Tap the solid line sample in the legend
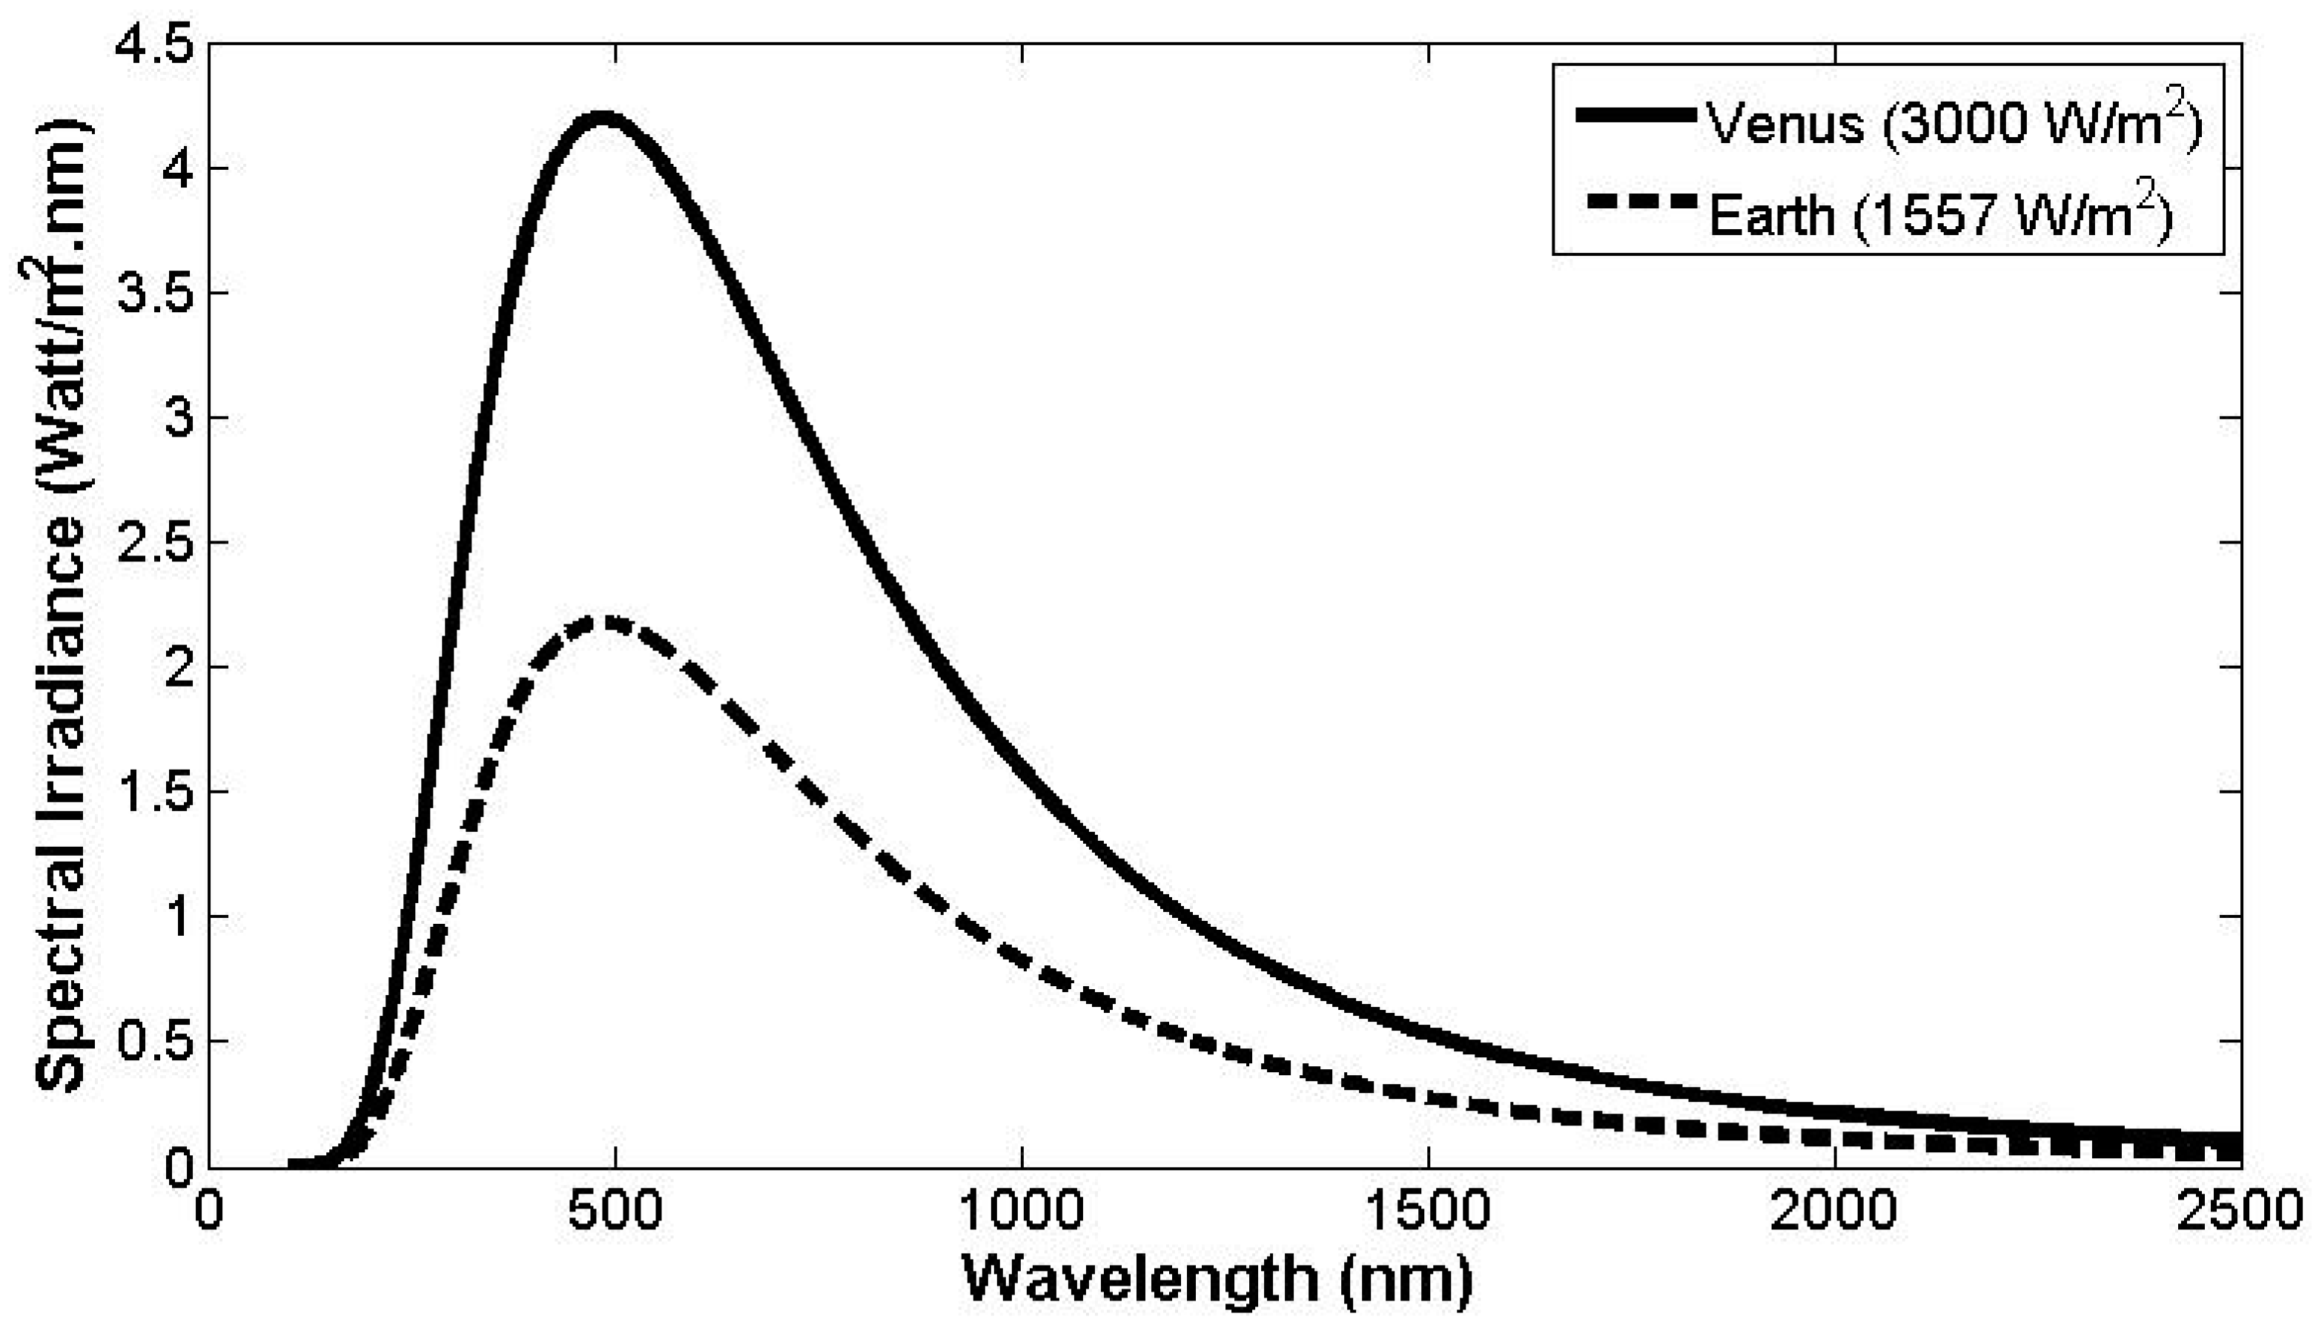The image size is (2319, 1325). [1638, 115]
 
